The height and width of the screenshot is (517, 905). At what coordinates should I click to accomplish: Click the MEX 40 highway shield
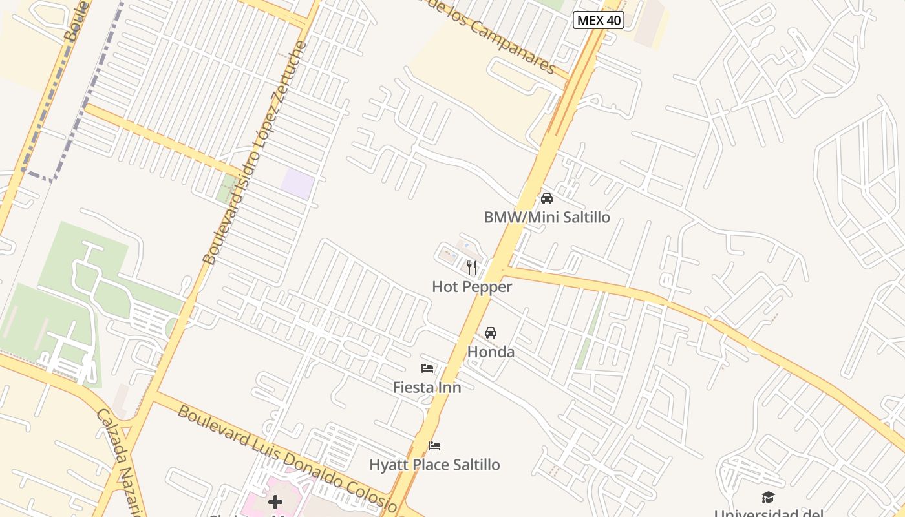pyautogui.click(x=599, y=20)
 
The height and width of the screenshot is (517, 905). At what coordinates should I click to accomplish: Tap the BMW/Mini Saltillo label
pyautogui.click(x=546, y=217)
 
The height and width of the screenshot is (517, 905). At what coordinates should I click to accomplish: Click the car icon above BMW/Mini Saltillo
pyautogui.click(x=547, y=198)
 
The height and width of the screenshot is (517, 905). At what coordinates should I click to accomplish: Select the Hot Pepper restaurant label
pyautogui.click(x=472, y=287)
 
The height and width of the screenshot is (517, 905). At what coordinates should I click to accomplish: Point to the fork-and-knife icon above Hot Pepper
pyautogui.click(x=472, y=268)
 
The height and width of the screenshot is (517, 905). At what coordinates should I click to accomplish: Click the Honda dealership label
pyautogui.click(x=491, y=352)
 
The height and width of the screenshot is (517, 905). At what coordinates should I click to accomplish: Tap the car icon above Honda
pyautogui.click(x=491, y=333)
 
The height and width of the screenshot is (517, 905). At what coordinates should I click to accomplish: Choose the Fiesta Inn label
pyautogui.click(x=427, y=388)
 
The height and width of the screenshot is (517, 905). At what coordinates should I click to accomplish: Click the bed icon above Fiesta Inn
pyautogui.click(x=427, y=368)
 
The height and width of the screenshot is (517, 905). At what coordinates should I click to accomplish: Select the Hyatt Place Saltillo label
pyautogui.click(x=434, y=465)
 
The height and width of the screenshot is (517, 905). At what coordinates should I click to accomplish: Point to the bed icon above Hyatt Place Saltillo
pyautogui.click(x=434, y=446)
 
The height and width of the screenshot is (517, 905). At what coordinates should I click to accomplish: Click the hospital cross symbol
pyautogui.click(x=275, y=501)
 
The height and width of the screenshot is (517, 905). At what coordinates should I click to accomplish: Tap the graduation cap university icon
pyautogui.click(x=768, y=497)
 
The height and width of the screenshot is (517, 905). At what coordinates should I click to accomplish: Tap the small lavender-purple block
pyautogui.click(x=297, y=184)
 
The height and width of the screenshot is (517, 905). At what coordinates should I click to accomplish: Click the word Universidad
pyautogui.click(x=769, y=514)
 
